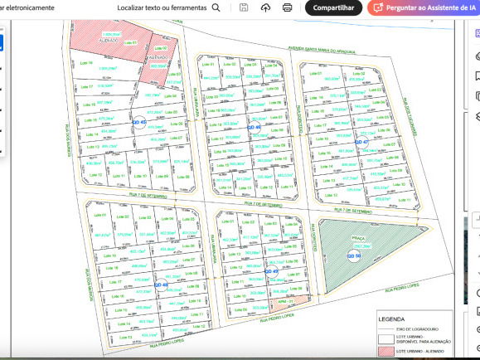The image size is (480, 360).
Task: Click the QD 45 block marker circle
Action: pos(138,122)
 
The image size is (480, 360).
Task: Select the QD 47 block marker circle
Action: pos(361,142)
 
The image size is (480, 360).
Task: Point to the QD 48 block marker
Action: pos(161,285)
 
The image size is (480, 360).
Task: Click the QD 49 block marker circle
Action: pos(270,271)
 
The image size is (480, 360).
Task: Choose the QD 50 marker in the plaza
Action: pos(353,256)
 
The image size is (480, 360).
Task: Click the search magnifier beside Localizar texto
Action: pos(216,7)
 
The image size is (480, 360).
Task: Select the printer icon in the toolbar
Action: pos(287,7)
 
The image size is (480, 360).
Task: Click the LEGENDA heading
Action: pos(391,318)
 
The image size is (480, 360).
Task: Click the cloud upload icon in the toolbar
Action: pos(265,7)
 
